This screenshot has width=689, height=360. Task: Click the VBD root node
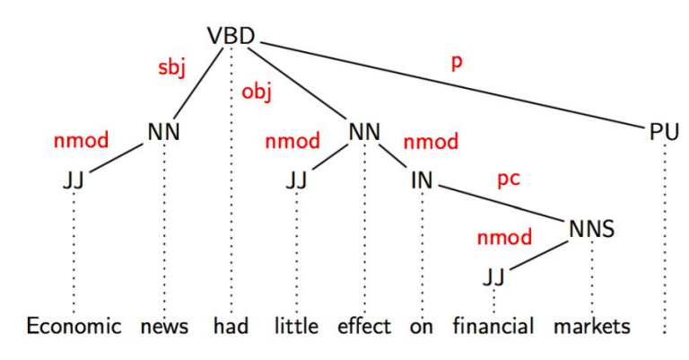click(231, 36)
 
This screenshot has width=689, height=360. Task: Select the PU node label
click(664, 132)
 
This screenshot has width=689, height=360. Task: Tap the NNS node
click(591, 229)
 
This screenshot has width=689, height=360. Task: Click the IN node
click(422, 180)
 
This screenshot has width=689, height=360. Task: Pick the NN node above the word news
click(164, 132)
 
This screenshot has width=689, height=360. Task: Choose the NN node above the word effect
click(364, 132)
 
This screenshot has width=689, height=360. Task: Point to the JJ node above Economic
click(74, 180)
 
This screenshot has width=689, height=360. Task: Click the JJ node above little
click(296, 180)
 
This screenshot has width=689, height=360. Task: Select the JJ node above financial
click(494, 277)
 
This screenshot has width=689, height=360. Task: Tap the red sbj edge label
click(172, 68)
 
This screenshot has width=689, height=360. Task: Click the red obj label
click(257, 92)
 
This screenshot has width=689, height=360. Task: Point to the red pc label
click(509, 180)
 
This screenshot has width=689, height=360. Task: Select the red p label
click(457, 63)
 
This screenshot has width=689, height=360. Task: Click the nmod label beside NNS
click(504, 238)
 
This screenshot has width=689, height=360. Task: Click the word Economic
click(74, 327)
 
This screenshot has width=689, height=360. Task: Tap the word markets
click(592, 327)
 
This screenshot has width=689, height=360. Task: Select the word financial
click(493, 326)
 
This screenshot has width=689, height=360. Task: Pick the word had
click(231, 326)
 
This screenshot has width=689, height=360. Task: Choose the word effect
click(364, 326)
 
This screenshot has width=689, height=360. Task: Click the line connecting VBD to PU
click(454, 84)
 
